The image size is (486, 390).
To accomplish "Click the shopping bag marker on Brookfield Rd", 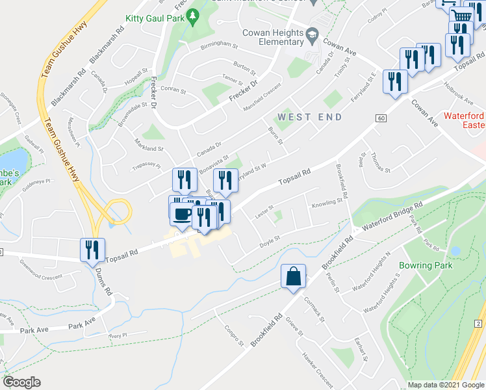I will coord(294,276).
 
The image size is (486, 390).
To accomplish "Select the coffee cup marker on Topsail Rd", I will coord(181,214).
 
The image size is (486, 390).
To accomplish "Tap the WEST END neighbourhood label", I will coord(309,116).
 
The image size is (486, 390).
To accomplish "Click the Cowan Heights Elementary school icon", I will coord(313,33).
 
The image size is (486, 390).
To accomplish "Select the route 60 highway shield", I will coord(380,118).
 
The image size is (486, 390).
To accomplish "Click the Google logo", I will coord(22,382).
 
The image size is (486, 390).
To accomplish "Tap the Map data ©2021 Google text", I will coord(446,385).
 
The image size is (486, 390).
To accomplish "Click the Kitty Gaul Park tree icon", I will coord(193,19).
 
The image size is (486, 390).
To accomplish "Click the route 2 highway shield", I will coord(477,324).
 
